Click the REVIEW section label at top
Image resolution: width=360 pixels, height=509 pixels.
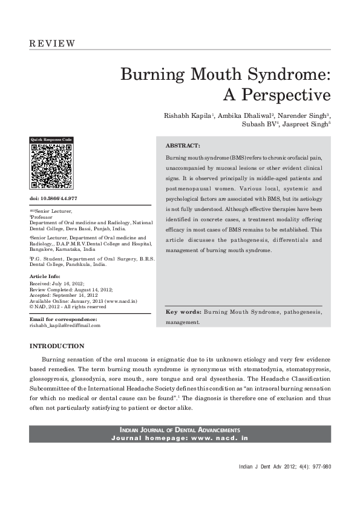52,44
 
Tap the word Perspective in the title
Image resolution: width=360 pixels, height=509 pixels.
278,96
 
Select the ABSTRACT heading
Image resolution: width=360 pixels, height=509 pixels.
183,146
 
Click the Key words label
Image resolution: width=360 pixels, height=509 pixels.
183,313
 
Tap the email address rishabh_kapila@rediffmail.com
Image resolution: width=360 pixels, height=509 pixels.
65,325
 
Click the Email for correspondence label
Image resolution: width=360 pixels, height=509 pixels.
63,319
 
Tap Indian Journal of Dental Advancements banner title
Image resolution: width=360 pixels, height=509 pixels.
180,429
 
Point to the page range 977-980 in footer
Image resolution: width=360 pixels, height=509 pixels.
319,467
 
